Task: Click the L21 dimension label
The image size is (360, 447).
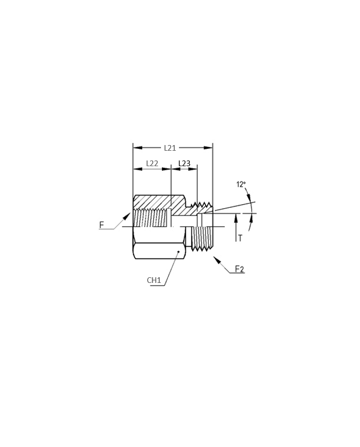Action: [x=170, y=148]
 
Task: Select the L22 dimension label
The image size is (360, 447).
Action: [x=152, y=164]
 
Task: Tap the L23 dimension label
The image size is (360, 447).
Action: [x=184, y=164]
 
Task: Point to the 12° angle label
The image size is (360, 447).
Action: [x=241, y=184]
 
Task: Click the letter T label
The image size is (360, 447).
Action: [x=240, y=238]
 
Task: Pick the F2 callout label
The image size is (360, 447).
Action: [x=240, y=269]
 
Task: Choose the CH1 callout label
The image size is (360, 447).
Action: [x=154, y=280]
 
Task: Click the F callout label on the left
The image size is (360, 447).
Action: [x=101, y=225]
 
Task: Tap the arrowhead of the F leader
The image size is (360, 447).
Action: [x=127, y=217]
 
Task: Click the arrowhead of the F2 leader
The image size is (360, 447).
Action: [x=217, y=260]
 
